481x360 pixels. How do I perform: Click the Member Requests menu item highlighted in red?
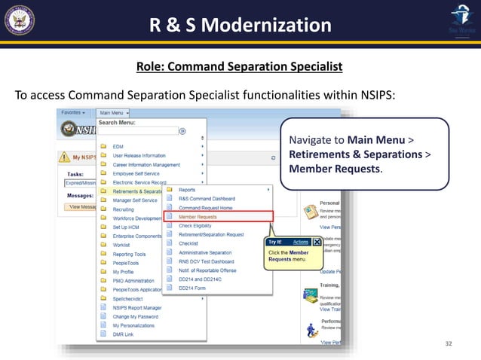(198, 217)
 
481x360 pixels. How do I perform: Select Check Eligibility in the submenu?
(196, 225)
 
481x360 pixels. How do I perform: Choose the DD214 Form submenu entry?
(192, 287)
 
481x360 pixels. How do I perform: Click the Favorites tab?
(74, 112)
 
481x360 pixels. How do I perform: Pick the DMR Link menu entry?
(124, 334)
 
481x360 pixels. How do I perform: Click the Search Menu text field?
(139, 130)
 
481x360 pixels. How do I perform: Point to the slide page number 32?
(449, 343)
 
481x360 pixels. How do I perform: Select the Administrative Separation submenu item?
(205, 252)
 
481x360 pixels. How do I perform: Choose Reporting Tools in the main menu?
(129, 254)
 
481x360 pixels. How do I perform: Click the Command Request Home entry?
(205, 207)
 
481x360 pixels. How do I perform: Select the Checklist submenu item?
(188, 243)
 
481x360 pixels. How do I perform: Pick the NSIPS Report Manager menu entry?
(137, 307)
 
